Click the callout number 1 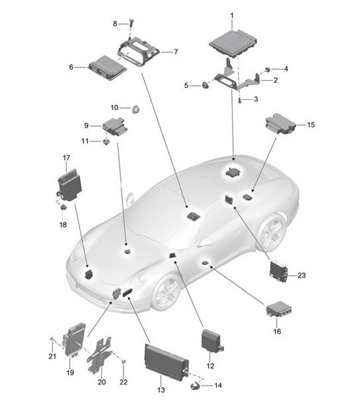point(231,15)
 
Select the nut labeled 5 point(205,85)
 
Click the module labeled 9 point(115,126)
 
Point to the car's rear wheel point(271,232)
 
